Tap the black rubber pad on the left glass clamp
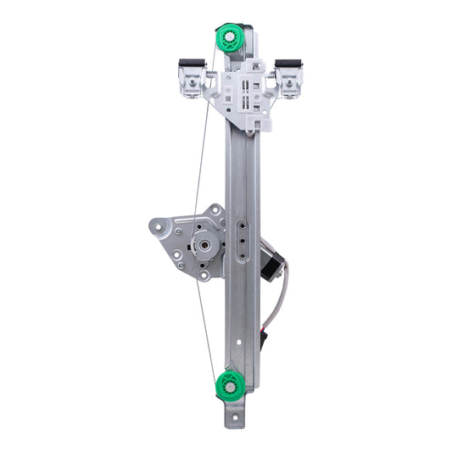point(192,64)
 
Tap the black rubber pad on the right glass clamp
point(289,64)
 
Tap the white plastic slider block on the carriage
point(245,95)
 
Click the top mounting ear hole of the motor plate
point(216,209)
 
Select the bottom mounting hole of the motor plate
point(204,275)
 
